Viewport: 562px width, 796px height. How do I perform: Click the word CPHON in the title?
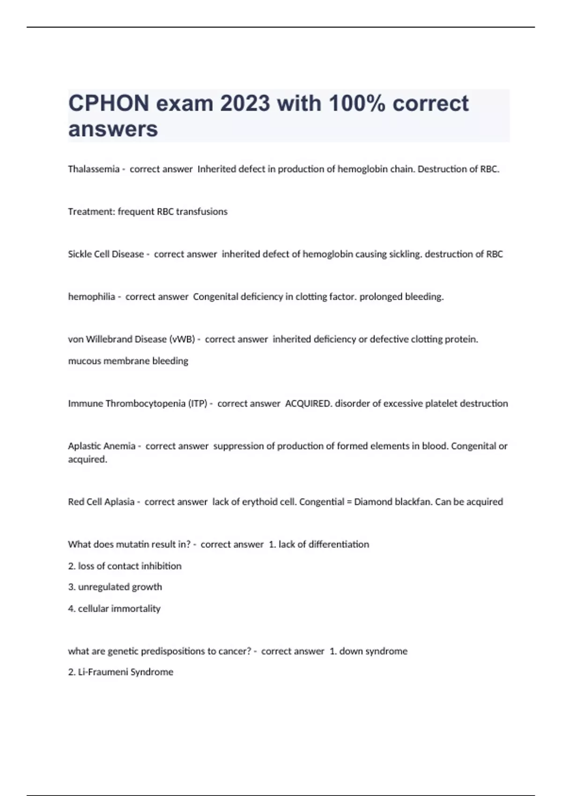(x=109, y=103)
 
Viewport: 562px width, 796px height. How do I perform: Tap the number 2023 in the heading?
(x=245, y=103)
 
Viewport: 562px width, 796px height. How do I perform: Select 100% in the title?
(x=357, y=103)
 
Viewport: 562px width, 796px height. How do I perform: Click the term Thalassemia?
(x=94, y=169)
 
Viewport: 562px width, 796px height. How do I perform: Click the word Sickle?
(x=80, y=254)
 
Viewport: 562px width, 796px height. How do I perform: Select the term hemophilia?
(x=91, y=297)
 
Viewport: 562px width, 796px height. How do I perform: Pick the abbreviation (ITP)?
(x=198, y=404)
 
